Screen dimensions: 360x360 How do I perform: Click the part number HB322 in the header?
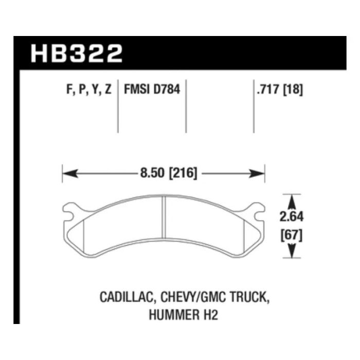coord(77,53)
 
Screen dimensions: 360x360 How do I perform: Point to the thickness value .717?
coord(268,90)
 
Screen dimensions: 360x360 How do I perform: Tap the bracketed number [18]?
coord(294,90)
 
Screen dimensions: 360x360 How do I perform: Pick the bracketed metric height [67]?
coord(292,236)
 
